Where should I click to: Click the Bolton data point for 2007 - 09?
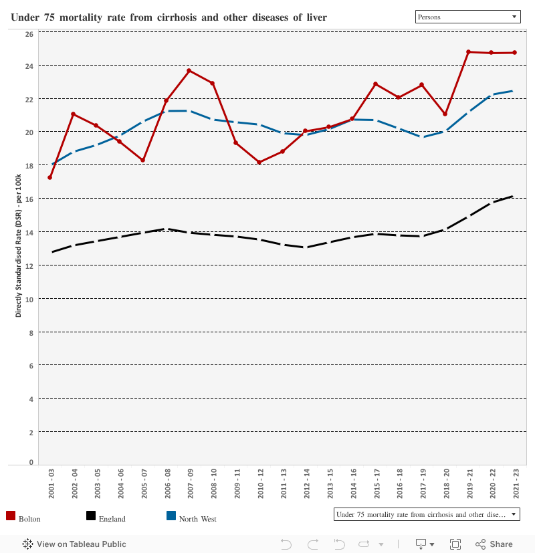tap(189, 70)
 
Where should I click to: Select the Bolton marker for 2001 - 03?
tap(49, 177)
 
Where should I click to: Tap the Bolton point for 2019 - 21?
tap(468, 51)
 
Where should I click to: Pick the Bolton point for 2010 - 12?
tap(259, 162)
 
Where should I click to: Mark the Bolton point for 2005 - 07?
tap(142, 160)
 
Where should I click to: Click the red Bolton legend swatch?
tap(11, 516)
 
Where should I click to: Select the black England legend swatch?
tap(91, 516)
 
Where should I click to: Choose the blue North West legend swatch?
tap(171, 516)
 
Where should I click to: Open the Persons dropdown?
tap(467, 17)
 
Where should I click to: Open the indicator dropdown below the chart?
tap(427, 514)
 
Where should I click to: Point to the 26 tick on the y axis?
tap(29, 33)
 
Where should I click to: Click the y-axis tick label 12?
tap(29, 265)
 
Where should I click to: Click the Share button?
tap(494, 544)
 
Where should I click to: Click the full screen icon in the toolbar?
tap(455, 544)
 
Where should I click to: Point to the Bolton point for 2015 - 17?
tap(375, 84)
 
